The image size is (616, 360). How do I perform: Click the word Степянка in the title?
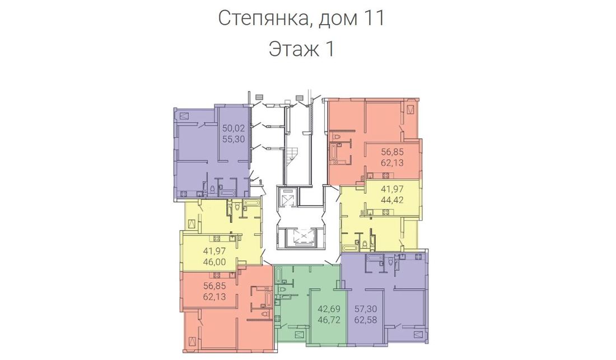(x=263, y=18)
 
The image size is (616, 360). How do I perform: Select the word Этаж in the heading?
(x=293, y=49)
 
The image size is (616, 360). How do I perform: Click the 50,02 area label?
(x=234, y=128)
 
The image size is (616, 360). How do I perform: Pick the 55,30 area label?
(x=234, y=139)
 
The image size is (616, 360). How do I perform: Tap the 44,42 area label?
(x=392, y=199)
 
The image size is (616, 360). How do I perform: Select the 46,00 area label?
(x=214, y=262)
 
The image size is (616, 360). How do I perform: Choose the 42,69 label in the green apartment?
(x=329, y=309)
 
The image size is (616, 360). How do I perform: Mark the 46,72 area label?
(x=329, y=320)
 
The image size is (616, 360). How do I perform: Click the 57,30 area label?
(x=366, y=309)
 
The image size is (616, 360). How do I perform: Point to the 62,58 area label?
(x=366, y=320)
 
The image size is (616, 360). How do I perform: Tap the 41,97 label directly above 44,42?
(x=392, y=189)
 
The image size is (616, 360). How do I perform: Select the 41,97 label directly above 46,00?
(x=214, y=251)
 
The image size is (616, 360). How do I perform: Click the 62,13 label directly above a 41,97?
(x=392, y=162)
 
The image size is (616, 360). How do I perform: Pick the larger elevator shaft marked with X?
(x=301, y=237)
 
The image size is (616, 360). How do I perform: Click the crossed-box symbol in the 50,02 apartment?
(x=184, y=115)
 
